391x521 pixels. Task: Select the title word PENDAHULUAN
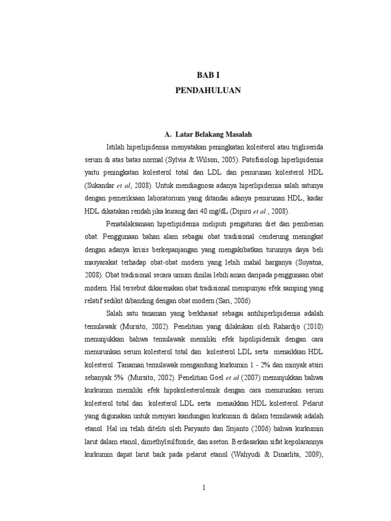[x=208, y=91]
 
